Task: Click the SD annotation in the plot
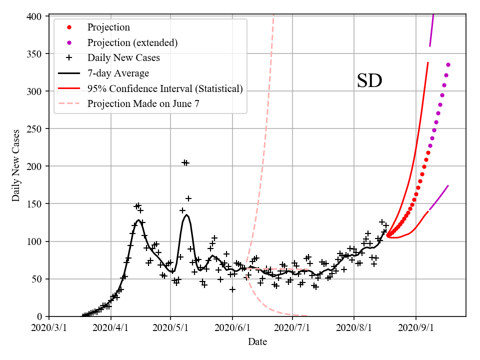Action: (x=369, y=81)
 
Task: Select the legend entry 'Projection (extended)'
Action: (x=132, y=42)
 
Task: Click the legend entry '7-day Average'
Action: (x=118, y=73)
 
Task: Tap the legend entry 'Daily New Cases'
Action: (x=123, y=58)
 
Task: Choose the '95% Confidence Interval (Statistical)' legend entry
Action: (x=165, y=88)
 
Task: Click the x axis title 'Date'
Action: (x=257, y=342)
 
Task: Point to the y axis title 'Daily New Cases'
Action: (x=16, y=165)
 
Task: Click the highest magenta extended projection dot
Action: (x=448, y=64)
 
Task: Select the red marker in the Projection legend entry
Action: (x=69, y=27)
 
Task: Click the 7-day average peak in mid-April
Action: (x=138, y=220)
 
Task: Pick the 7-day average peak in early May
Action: (x=186, y=215)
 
